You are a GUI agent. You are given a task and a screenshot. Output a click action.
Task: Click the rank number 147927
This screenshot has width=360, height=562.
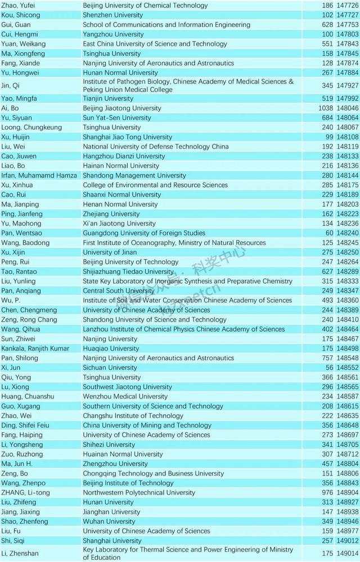click(347, 85)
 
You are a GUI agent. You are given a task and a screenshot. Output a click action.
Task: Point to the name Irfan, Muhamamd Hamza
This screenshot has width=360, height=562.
click(39, 175)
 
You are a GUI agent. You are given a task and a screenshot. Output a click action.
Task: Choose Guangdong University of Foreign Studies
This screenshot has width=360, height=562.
click(143, 233)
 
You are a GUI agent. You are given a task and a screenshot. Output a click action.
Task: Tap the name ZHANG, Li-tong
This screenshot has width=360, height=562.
click(25, 492)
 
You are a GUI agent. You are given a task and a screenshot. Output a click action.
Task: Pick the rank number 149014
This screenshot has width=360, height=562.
click(347, 554)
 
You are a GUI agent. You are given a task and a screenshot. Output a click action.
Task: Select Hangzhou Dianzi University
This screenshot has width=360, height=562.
click(124, 156)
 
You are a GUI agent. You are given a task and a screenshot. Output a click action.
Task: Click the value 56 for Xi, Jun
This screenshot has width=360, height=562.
click(330, 368)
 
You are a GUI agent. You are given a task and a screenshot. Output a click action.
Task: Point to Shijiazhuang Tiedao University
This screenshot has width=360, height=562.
click(128, 271)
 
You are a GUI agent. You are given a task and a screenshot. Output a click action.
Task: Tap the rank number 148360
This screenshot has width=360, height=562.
click(347, 300)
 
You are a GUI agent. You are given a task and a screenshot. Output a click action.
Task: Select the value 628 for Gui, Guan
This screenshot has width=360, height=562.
click(328, 25)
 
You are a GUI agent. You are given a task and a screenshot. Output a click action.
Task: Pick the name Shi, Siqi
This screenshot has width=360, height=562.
click(12, 541)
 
